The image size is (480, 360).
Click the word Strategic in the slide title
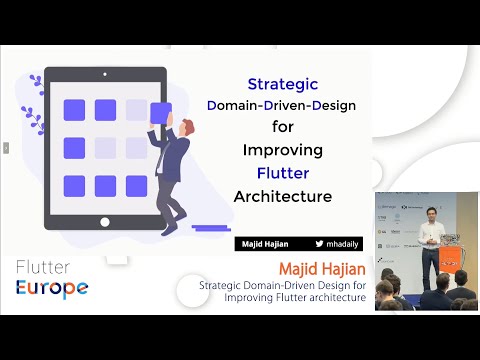(x=282, y=85)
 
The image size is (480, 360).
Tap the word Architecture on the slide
(x=282, y=196)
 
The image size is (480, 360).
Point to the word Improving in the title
(x=282, y=151)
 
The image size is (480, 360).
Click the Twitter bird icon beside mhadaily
(x=320, y=243)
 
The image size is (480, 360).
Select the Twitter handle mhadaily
(x=343, y=243)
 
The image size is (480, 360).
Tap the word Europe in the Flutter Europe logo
(x=51, y=288)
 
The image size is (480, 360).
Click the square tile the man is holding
(x=160, y=111)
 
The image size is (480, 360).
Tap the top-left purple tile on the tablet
(x=74, y=110)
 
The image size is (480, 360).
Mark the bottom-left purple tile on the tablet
(x=74, y=185)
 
